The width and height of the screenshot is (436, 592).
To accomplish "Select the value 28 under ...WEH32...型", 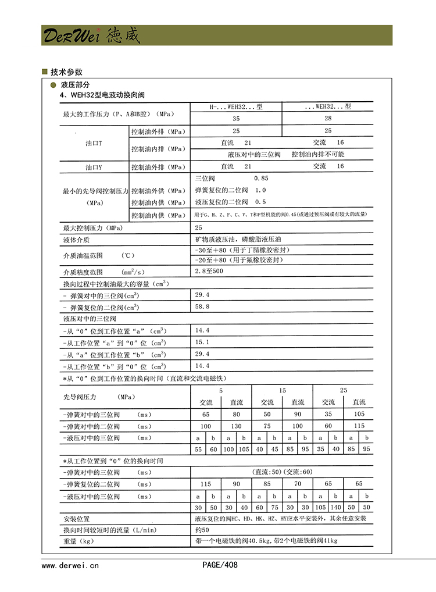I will (328, 119).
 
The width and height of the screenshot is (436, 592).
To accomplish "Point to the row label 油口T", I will (93, 143).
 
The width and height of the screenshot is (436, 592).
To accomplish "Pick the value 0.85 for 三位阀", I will (261, 178).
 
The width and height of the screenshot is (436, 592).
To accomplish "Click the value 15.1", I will (202, 342).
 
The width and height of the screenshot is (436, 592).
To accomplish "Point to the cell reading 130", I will (237, 426).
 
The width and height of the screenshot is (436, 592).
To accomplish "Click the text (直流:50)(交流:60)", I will (281, 472).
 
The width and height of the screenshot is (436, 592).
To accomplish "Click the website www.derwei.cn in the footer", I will (70, 564).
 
